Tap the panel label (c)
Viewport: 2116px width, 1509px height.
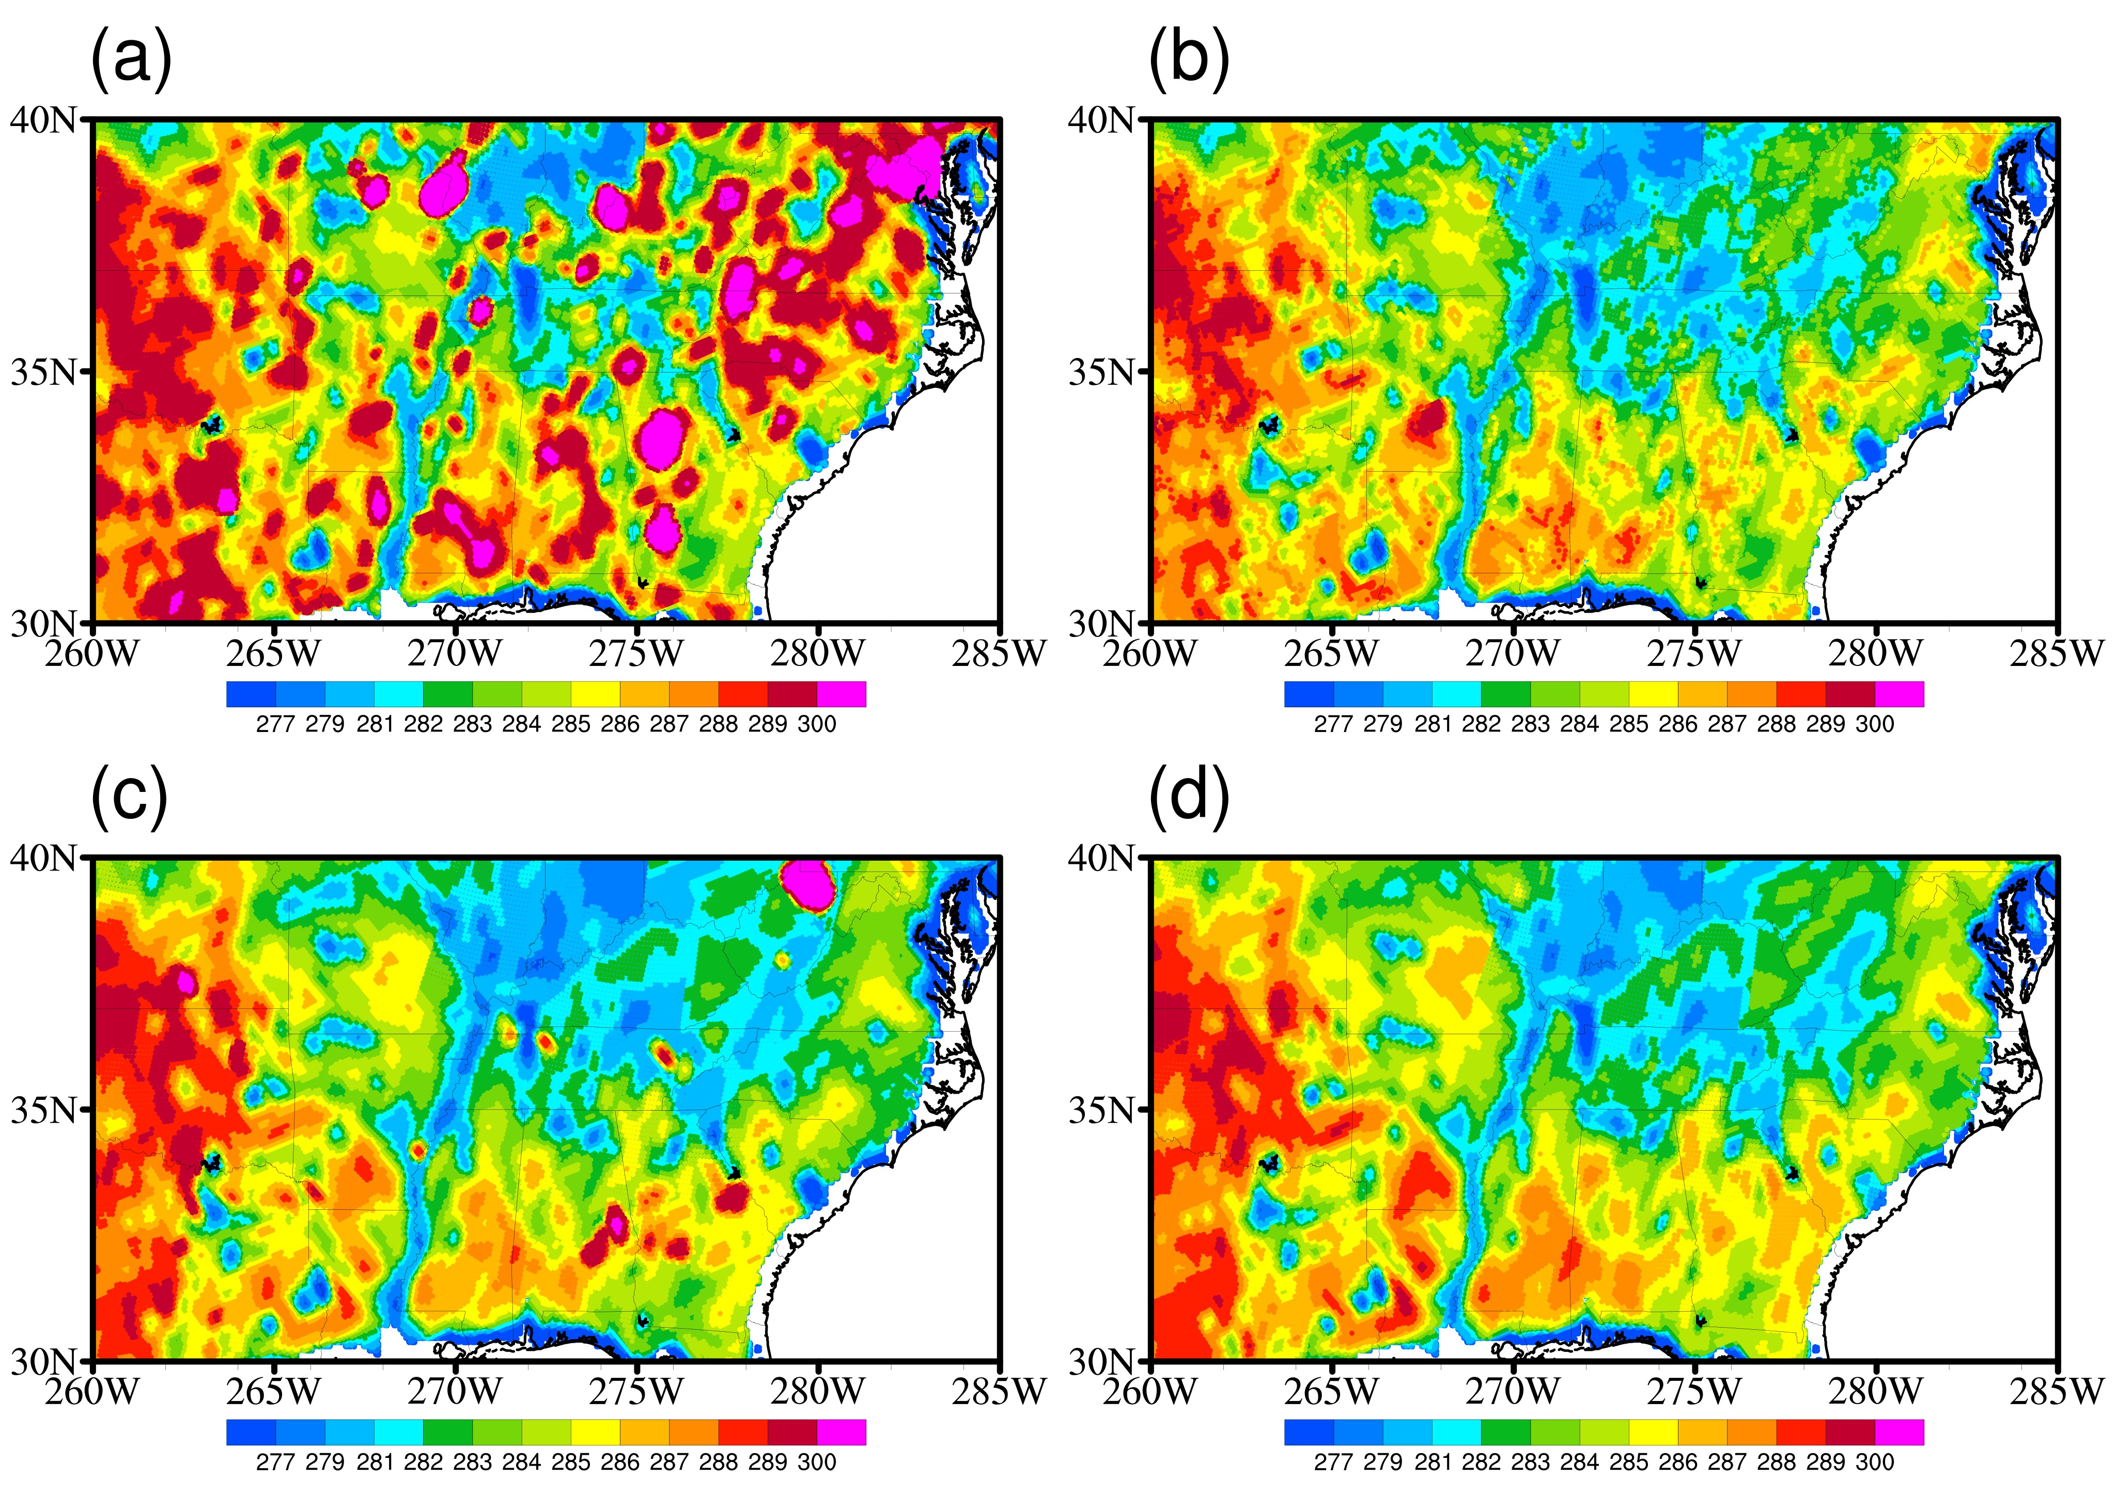(x=129, y=796)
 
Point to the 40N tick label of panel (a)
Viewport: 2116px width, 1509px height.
(x=44, y=120)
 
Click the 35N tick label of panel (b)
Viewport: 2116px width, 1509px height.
(x=1102, y=371)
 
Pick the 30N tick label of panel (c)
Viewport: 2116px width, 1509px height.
(x=44, y=1361)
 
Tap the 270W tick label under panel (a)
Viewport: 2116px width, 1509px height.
(x=455, y=654)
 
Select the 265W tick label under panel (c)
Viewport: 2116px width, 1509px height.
(x=273, y=1392)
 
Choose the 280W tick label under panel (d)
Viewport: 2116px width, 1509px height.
(x=1875, y=1392)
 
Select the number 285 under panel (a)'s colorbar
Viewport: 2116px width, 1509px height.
(x=570, y=724)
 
